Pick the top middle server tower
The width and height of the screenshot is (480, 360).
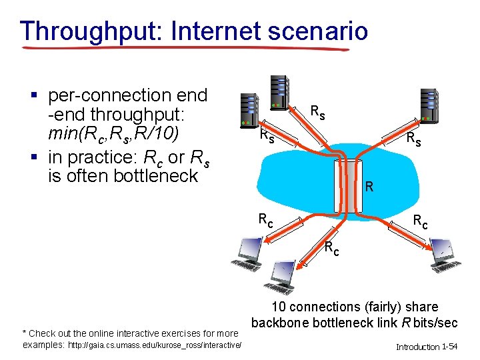280,91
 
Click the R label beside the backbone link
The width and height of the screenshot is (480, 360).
369,187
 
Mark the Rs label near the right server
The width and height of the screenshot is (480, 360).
414,139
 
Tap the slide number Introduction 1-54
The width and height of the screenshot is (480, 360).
426,347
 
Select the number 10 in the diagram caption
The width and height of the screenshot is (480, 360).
279,307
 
